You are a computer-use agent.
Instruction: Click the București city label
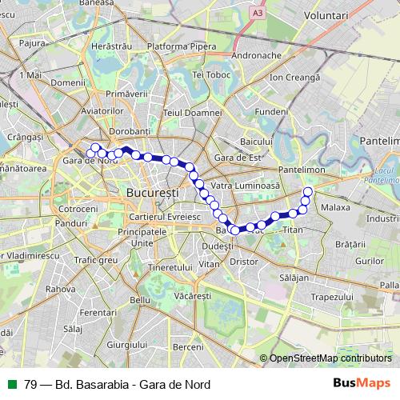click(x=152, y=194)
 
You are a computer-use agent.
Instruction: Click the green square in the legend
click(x=12, y=385)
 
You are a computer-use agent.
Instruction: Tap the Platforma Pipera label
click(x=182, y=47)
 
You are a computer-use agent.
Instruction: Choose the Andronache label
click(x=255, y=56)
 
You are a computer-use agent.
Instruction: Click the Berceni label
click(x=188, y=346)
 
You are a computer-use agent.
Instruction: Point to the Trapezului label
click(x=333, y=297)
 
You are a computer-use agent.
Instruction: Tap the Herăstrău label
click(x=111, y=47)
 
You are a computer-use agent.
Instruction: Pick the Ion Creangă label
click(x=294, y=78)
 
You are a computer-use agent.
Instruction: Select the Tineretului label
click(x=172, y=266)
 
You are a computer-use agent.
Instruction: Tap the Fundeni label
click(x=272, y=111)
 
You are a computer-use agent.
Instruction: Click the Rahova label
click(x=60, y=289)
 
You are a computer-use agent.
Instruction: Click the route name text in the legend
click(x=117, y=385)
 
